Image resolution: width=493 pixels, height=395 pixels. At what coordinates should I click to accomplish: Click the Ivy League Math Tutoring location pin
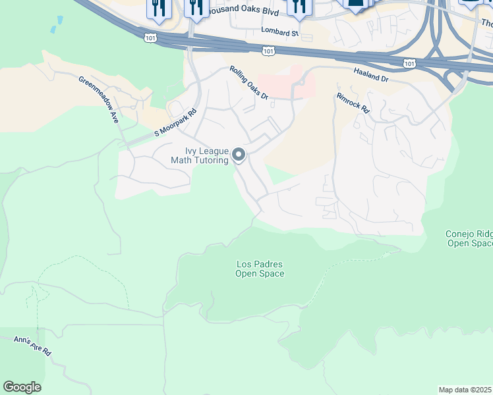point(239,155)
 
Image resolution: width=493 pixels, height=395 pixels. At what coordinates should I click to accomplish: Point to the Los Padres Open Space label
point(260,269)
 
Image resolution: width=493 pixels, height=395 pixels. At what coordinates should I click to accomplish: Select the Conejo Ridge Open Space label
point(468,238)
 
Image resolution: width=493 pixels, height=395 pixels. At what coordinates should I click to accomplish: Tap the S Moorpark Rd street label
point(176,123)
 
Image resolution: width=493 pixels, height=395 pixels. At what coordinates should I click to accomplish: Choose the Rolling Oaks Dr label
point(249,83)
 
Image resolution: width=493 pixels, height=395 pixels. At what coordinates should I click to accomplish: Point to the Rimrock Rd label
point(353,102)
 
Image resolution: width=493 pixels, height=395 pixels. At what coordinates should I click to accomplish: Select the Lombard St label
point(279,31)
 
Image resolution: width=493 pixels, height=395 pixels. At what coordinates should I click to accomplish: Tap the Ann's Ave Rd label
point(33,345)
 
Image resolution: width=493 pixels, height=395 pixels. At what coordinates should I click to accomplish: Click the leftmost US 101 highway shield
point(152,38)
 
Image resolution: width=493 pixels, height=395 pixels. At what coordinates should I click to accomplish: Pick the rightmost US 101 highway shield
point(409,63)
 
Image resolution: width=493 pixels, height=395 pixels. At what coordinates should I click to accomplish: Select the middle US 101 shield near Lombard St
point(268,50)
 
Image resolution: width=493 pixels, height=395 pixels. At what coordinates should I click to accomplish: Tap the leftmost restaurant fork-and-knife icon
point(158,7)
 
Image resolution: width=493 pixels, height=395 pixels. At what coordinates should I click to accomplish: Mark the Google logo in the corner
point(22,387)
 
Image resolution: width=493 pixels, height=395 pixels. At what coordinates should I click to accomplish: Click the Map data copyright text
point(465,390)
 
